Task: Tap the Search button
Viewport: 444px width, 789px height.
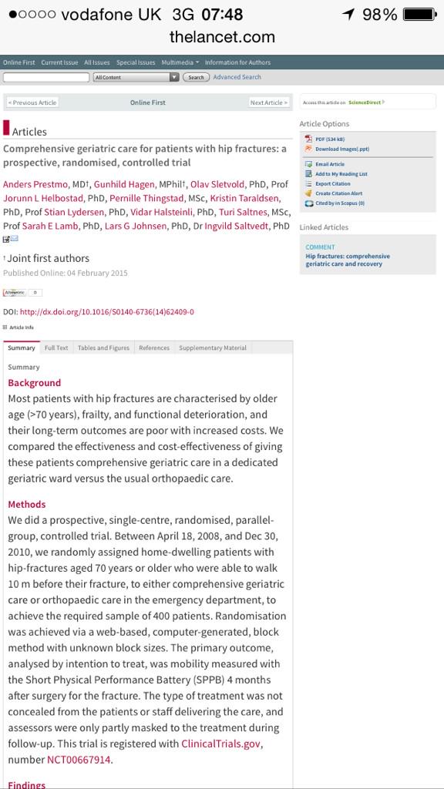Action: pyautogui.click(x=196, y=77)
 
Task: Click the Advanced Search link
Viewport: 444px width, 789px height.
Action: pyautogui.click(x=237, y=77)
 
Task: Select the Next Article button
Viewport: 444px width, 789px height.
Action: pyautogui.click(x=269, y=102)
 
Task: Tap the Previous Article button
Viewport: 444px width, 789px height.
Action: pyautogui.click(x=32, y=102)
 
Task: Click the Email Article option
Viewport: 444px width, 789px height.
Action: pyautogui.click(x=329, y=164)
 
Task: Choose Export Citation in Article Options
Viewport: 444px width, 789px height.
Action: pyautogui.click(x=332, y=184)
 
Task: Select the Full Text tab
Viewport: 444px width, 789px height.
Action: pyautogui.click(x=56, y=347)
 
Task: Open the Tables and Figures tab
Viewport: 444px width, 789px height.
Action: pyautogui.click(x=103, y=347)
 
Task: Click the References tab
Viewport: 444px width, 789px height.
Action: pyautogui.click(x=154, y=347)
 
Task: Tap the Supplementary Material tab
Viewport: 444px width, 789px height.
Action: pyautogui.click(x=213, y=347)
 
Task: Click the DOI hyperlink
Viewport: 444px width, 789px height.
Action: pyautogui.click(x=106, y=312)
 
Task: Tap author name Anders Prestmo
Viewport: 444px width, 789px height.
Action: pyautogui.click(x=35, y=184)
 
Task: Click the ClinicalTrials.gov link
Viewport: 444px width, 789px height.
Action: pyautogui.click(x=221, y=744)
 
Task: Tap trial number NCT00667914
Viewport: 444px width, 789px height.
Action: pyautogui.click(x=79, y=760)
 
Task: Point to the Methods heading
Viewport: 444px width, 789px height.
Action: pyautogui.click(x=27, y=504)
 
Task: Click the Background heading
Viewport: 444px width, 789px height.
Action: pyautogui.click(x=34, y=383)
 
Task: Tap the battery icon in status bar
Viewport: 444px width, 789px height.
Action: pyautogui.click(x=419, y=15)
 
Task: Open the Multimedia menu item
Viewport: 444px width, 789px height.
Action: pyautogui.click(x=179, y=62)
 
